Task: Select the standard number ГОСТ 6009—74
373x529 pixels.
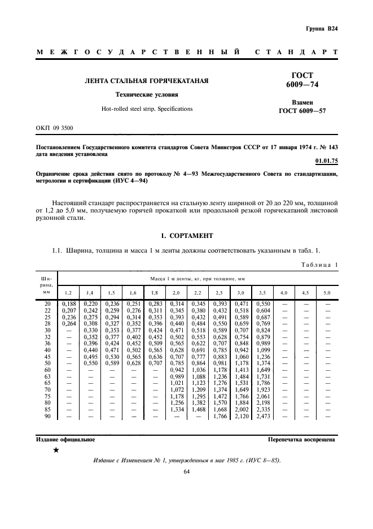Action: (303, 80)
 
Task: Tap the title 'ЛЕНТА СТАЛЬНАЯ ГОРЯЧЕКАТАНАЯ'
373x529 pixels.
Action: (146, 81)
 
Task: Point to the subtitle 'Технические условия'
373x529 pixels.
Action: (146, 94)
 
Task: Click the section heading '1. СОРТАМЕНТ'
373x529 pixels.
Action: (187, 235)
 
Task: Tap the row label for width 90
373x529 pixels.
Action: (47, 417)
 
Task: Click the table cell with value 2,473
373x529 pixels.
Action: (264, 417)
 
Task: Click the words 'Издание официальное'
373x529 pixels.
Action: (65, 439)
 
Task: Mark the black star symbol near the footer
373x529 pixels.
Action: (56, 450)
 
